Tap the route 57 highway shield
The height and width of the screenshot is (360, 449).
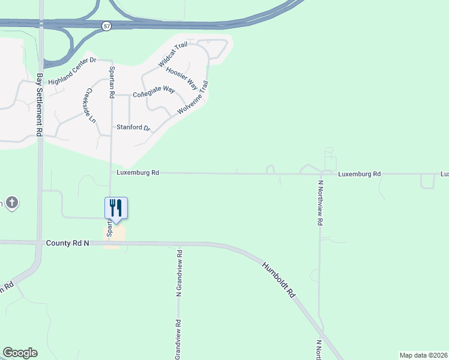[x=106, y=26]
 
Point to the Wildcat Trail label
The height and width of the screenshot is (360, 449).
[x=173, y=54]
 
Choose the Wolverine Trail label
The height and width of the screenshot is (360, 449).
[x=193, y=98]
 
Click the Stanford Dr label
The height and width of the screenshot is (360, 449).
[x=133, y=128]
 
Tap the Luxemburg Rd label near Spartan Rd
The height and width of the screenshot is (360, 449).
[x=138, y=173]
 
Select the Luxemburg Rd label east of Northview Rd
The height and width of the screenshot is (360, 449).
[x=359, y=174]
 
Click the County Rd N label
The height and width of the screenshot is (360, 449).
[x=67, y=243]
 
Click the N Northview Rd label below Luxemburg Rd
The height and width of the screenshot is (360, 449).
[x=321, y=203]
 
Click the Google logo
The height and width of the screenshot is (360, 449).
[x=20, y=353]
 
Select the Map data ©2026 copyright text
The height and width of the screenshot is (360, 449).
[x=423, y=355]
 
